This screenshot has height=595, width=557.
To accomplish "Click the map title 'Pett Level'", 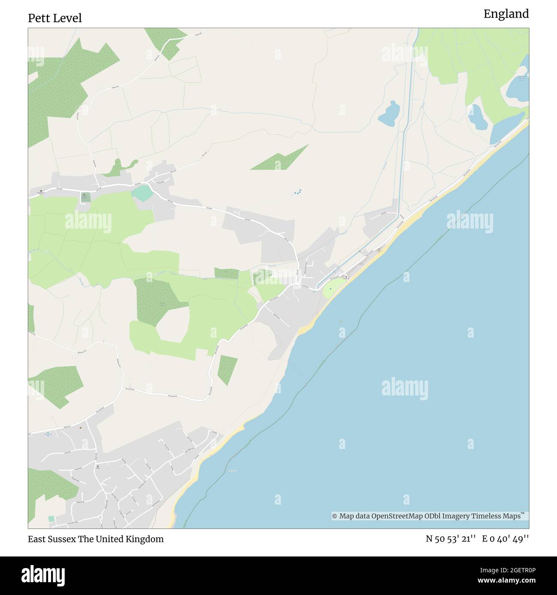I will tap(55, 18).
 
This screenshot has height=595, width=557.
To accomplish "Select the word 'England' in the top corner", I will tap(506, 14).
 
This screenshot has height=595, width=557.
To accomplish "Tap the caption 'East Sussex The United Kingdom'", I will tap(96, 539).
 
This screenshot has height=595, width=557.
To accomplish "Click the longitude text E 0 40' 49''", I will tap(506, 539).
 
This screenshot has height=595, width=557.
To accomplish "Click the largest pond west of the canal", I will tap(389, 113).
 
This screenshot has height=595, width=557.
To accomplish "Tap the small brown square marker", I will tap(80, 427).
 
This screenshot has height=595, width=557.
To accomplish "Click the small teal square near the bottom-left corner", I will tap(51, 519).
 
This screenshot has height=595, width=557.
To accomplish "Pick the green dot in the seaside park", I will tap(330, 289).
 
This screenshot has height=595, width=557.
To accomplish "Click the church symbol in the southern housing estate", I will tap(98, 466).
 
